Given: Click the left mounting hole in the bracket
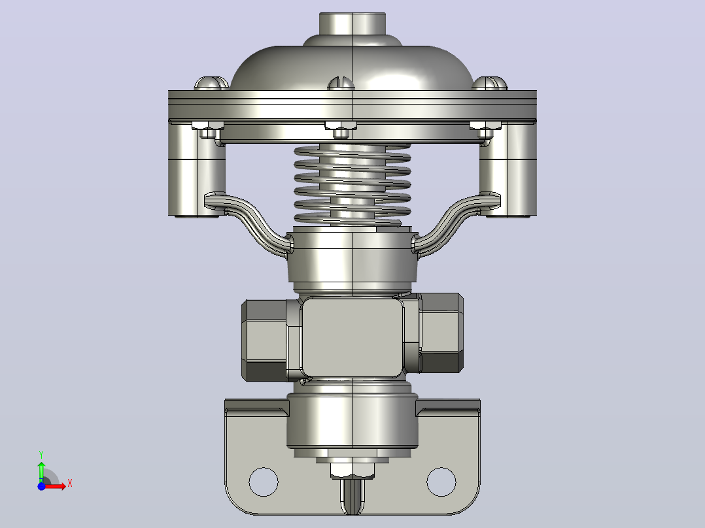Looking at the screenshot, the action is pyautogui.click(x=264, y=482).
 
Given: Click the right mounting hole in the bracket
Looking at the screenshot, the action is pyautogui.click(x=441, y=482).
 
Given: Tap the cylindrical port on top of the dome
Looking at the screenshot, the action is pyautogui.click(x=352, y=24).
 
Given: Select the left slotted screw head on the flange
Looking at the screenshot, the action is pyautogui.click(x=211, y=84).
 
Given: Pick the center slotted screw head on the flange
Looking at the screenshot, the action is pyautogui.click(x=341, y=84).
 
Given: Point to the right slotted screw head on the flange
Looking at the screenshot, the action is pyautogui.click(x=490, y=84).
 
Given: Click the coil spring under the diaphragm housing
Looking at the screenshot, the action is pyautogui.click(x=352, y=184).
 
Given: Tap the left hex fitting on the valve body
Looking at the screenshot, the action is pyautogui.click(x=266, y=340).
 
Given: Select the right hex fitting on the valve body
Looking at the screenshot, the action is pyautogui.click(x=441, y=333).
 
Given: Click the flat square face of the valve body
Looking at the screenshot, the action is pyautogui.click(x=352, y=337).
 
